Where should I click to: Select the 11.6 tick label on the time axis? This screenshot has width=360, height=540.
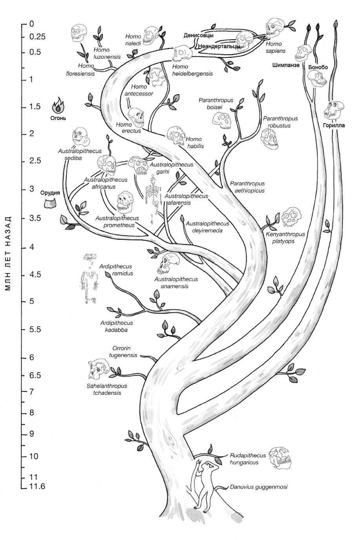(37, 487)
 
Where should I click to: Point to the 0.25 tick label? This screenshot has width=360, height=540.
(38, 37)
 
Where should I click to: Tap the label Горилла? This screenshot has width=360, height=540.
(334, 126)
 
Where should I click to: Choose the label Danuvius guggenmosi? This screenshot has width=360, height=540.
(259, 487)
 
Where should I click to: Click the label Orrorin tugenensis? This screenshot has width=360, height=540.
(124, 352)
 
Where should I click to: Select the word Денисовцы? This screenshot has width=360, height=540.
(198, 35)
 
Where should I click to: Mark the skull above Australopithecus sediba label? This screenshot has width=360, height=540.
(79, 136)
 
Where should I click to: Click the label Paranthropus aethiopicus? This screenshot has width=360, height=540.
(247, 187)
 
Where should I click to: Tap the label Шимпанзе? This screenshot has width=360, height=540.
(285, 65)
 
